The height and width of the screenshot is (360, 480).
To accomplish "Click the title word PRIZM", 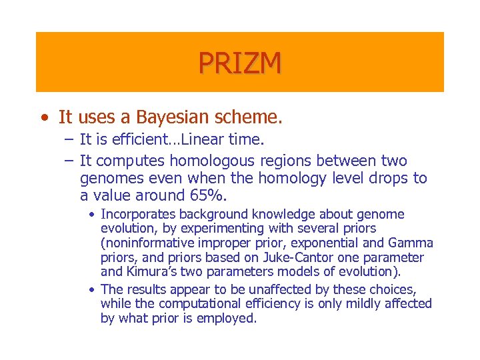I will pos(239,63).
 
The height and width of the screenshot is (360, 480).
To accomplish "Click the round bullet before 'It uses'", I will pos(43,119).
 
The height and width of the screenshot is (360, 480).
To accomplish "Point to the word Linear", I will pos(203,140).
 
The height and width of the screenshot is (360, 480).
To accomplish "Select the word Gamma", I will pos(413,243).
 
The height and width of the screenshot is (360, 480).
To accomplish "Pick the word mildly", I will pos(365,304).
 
